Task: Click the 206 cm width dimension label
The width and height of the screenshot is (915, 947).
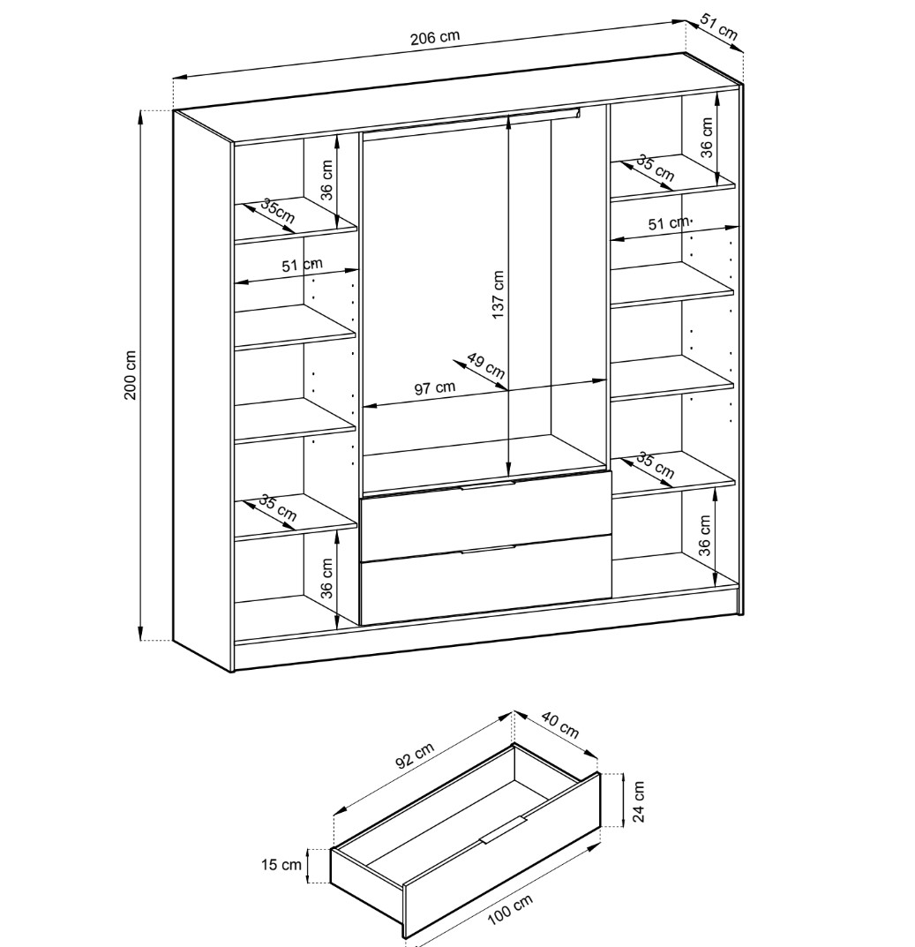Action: point(435,37)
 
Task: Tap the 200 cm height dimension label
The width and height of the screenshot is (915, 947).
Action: point(131,374)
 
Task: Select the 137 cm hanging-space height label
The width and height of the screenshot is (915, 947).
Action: point(498,295)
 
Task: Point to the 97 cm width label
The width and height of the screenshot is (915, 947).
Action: point(435,387)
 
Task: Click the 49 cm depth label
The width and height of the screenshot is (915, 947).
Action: point(485,365)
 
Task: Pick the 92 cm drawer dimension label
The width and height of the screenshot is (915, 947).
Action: point(415,755)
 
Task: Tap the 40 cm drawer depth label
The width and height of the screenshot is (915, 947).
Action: point(560,725)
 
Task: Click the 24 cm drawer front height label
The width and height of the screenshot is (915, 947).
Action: point(639,801)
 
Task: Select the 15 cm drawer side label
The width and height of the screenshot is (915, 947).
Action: point(281,865)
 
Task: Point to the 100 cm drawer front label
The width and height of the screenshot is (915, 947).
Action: point(510,910)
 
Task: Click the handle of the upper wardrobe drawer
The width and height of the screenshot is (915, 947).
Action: point(488,485)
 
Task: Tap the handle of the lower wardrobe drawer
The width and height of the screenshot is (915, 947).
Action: point(488,549)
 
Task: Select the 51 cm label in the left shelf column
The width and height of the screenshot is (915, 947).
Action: point(302,265)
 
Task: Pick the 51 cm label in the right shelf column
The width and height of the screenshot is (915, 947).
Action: point(669,223)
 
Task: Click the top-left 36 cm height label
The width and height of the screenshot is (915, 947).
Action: point(326,180)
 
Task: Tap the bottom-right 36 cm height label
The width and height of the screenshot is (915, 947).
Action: point(704,535)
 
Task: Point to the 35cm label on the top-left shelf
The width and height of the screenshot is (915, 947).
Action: point(277,211)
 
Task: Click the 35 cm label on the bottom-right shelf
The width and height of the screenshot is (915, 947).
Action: point(656,465)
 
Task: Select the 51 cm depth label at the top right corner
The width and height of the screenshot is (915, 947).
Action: point(719,27)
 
